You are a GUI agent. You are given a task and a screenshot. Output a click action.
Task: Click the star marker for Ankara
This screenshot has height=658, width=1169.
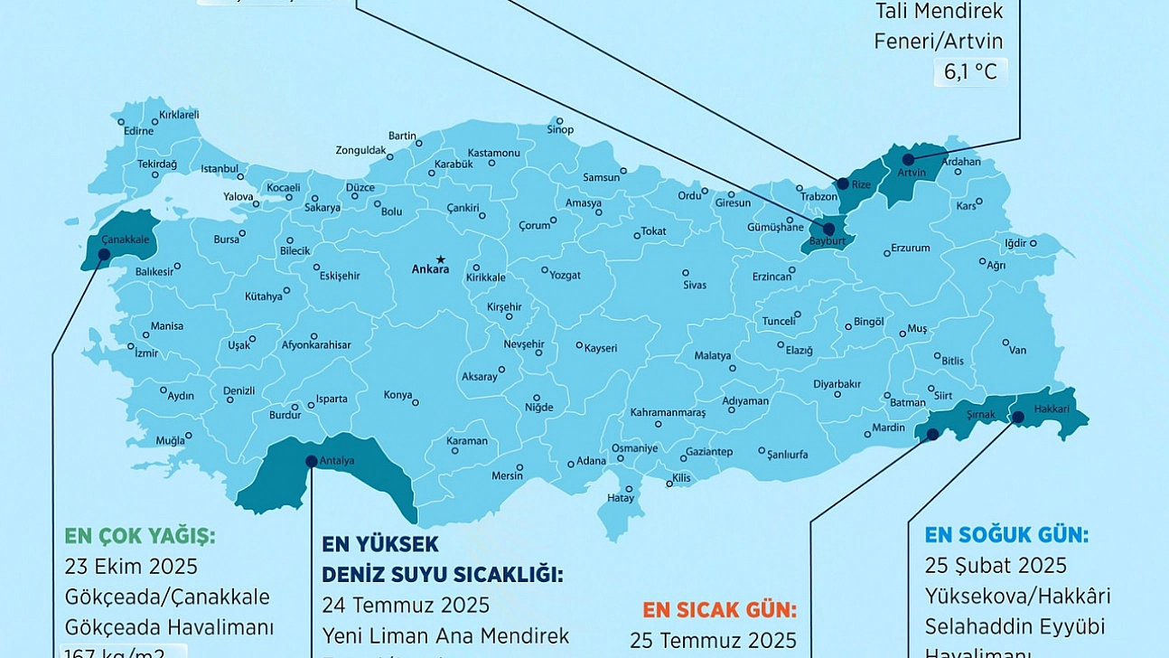click(x=441, y=258)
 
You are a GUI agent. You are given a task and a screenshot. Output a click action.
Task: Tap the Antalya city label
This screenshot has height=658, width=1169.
click(x=337, y=461)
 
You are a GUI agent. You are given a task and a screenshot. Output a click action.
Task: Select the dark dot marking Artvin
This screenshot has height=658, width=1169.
click(x=908, y=159)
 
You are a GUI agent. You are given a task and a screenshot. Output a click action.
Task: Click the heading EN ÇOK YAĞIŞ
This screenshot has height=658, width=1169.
click(x=140, y=536)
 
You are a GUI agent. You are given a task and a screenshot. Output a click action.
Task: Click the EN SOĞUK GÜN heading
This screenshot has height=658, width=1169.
click(x=1006, y=535)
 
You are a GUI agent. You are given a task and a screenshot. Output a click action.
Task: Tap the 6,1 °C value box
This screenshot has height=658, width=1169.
click(x=970, y=72)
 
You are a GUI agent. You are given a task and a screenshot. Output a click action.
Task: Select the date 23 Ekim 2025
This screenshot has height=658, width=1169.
click(x=131, y=567)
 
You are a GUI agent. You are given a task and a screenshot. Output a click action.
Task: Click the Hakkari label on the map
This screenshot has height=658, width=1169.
click(x=1052, y=409)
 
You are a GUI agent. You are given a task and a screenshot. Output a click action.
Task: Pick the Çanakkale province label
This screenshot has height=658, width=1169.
click(x=124, y=239)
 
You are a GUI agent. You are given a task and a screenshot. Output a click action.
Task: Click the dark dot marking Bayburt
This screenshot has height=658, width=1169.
click(x=828, y=230)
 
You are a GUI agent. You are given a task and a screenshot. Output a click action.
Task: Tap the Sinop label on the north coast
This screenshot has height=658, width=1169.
click(x=560, y=130)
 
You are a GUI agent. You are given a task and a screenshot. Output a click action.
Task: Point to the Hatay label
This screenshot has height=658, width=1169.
click(x=621, y=498)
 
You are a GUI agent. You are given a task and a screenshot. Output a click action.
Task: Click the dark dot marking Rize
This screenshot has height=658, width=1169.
click(x=843, y=183)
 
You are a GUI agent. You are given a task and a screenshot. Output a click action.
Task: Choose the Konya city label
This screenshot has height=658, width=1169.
click(x=397, y=395)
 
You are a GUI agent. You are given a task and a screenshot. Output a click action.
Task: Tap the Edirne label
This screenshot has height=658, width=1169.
click(x=138, y=130)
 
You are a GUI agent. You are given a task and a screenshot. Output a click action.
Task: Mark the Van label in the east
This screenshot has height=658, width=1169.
click(x=1017, y=351)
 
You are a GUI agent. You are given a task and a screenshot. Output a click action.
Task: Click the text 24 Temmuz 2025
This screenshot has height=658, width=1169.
click(x=406, y=605)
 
